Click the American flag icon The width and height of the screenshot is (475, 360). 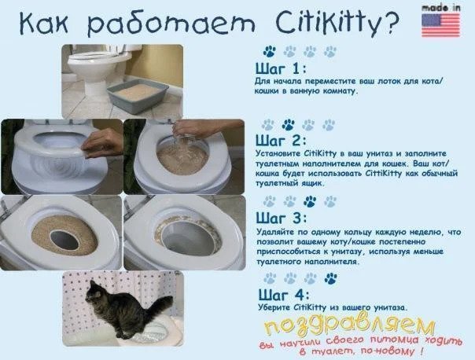click(440, 25)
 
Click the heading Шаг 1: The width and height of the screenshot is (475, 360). click(281, 68)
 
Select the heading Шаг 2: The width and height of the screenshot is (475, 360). click(281, 141)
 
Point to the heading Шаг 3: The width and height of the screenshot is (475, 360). click(282, 218)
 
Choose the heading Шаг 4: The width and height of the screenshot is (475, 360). click(284, 294)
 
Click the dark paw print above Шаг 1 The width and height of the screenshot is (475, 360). click(269, 51)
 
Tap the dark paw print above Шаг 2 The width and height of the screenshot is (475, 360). click(289, 124)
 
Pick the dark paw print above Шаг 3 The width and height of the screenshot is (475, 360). click(310, 201)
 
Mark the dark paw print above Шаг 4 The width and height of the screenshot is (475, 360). click(331, 278)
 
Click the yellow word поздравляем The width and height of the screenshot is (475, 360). click(349, 324)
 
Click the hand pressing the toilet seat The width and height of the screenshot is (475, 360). click(102, 143)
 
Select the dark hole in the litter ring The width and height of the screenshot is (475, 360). click(64, 240)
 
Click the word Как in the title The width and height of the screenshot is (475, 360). click(44, 23)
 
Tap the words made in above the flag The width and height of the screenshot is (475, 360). click(440, 8)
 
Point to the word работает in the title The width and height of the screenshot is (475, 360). click(171, 24)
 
